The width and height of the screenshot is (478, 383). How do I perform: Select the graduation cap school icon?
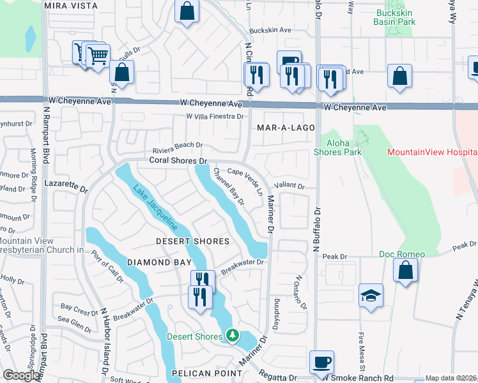pyautogui.click(x=371, y=296)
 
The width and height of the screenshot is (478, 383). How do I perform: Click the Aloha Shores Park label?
pyautogui.click(x=337, y=147)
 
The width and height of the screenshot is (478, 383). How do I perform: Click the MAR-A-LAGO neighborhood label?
pyautogui.click(x=286, y=128)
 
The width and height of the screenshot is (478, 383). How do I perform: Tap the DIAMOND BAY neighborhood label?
pyautogui.click(x=151, y=262)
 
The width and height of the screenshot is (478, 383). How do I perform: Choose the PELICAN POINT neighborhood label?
pyautogui.click(x=197, y=372)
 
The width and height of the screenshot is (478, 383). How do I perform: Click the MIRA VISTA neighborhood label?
pyautogui.click(x=71, y=6)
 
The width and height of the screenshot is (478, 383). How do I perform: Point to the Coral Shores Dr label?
pyautogui.click(x=179, y=161)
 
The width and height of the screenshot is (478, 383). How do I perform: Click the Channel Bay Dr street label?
pyautogui.click(x=229, y=186)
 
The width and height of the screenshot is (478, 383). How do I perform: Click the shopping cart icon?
pyautogui.click(x=97, y=56)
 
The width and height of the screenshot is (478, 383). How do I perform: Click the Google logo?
pyautogui.click(x=21, y=375)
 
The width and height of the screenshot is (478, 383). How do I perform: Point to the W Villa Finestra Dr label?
pyautogui.click(x=215, y=116)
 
